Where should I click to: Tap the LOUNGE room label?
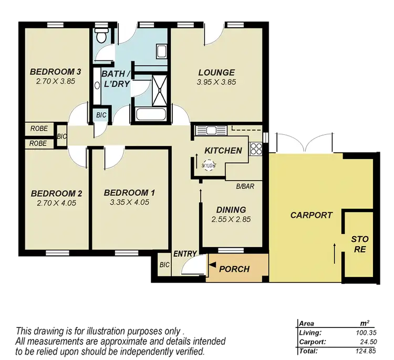click(x=216, y=72)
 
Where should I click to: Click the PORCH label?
click(x=234, y=269)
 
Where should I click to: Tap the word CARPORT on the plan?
click(x=312, y=215)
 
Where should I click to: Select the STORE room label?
click(x=359, y=245)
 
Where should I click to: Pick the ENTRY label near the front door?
click(x=184, y=254)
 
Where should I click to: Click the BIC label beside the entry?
click(x=164, y=265)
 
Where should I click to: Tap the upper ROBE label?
click(x=39, y=128)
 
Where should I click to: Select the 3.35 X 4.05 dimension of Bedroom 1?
click(x=129, y=202)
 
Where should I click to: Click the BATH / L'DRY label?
click(x=116, y=78)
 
